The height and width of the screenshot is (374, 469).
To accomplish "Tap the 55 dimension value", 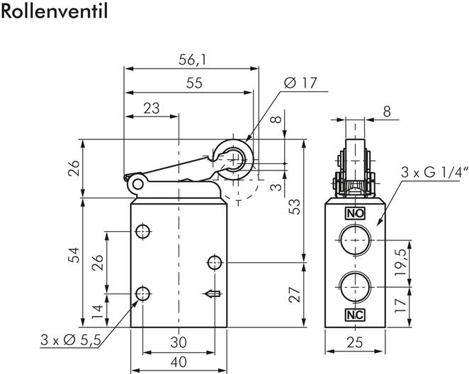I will pos(193,83).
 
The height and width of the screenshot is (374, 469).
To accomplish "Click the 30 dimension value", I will pos(179,341).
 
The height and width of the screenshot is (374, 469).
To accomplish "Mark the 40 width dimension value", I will pos(179,361).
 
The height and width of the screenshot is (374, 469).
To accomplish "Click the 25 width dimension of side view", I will pos(355,341).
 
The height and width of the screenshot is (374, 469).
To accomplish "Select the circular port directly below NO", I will pos(354,240).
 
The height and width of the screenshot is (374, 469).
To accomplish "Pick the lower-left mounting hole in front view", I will pos(143,293).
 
